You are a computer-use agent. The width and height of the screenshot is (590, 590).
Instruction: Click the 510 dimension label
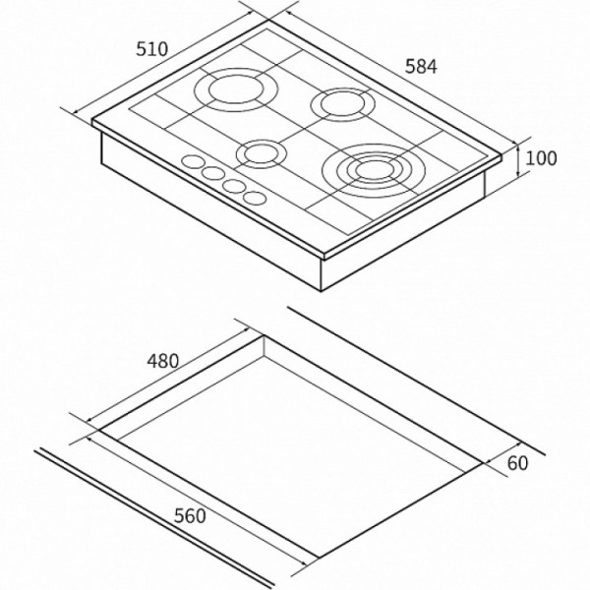151,49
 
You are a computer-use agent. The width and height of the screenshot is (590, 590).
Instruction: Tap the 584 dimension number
421,67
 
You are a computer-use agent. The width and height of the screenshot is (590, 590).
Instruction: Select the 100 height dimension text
541,158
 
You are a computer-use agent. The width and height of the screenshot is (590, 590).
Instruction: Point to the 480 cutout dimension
162,361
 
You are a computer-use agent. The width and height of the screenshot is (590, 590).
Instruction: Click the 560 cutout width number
190,516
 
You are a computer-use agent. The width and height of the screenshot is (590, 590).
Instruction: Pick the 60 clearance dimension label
518,463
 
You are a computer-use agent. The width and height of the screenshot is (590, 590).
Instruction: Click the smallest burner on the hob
262,154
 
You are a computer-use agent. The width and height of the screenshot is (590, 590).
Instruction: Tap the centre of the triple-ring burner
374,170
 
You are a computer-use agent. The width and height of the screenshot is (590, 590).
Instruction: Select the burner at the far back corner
236,89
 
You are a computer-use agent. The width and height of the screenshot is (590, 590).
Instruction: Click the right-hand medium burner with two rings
343,104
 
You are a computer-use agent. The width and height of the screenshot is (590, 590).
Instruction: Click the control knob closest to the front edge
255,198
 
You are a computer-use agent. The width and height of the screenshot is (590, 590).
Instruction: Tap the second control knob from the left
213,173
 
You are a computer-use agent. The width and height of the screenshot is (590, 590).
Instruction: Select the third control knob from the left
234,186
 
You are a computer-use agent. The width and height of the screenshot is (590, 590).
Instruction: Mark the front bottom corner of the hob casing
321,291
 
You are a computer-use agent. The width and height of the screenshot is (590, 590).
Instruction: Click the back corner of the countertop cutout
264,335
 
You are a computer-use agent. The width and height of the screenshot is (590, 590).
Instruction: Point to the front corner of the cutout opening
319,558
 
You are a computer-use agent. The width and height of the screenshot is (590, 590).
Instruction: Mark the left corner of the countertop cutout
99,430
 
